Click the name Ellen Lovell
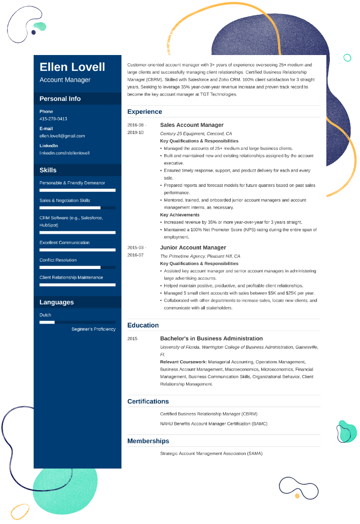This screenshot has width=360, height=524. (72, 67)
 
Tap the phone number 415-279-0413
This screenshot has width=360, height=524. (53, 119)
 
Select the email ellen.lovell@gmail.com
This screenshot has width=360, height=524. (62, 136)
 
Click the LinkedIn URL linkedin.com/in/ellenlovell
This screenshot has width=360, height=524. (64, 153)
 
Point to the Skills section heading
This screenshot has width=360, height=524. (48, 170)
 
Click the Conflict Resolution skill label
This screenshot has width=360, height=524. (58, 260)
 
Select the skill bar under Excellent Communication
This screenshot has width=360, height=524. (77, 250)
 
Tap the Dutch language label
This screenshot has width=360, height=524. (45, 315)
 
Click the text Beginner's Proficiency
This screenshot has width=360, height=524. (93, 329)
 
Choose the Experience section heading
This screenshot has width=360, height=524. (145, 112)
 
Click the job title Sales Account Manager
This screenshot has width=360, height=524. (191, 125)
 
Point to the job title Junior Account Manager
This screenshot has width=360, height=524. (193, 248)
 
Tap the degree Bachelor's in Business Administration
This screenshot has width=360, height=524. (211, 338)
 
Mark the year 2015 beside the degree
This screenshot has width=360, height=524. (132, 338)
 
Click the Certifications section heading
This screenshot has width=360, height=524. (148, 401)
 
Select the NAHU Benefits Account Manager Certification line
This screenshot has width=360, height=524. (213, 424)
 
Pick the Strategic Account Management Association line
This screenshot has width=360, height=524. (211, 453)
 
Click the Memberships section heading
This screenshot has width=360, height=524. (148, 441)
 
